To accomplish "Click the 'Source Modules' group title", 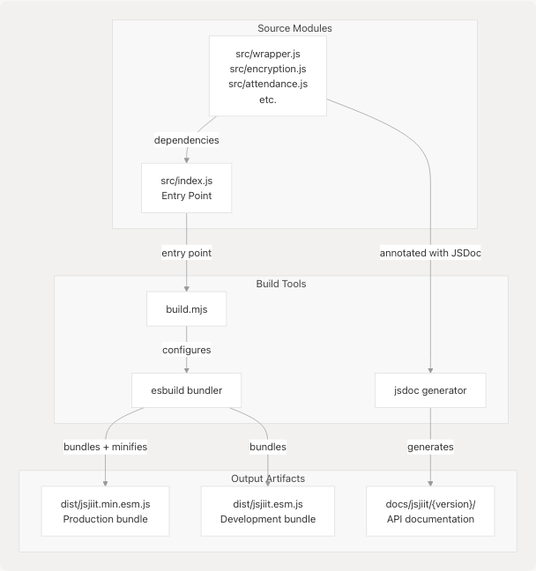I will point(294,28).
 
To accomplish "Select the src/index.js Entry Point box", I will point(186,187).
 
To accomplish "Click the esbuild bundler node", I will point(186,389).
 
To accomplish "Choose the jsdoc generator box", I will point(430,389).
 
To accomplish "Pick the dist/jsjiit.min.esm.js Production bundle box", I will point(105,511).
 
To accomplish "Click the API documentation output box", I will point(430,511).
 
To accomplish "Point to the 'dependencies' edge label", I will point(186,140).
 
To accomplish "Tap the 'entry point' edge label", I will point(186,253).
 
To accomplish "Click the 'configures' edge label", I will point(186,350).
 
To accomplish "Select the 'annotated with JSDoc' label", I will point(430,253).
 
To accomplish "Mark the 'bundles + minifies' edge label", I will point(105,447).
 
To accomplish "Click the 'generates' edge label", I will point(430,447).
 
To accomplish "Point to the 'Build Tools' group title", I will point(280,284).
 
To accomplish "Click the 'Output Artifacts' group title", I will point(268,478).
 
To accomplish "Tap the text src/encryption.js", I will point(267,68).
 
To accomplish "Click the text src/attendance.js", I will point(267,84).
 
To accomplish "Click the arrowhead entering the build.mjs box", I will point(186,289).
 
